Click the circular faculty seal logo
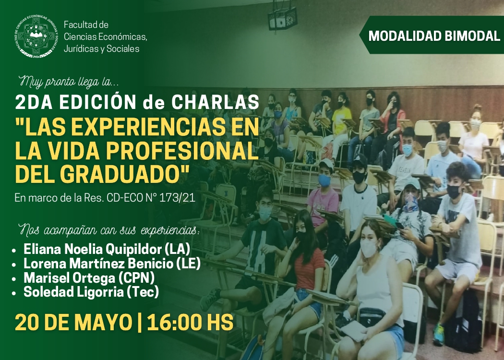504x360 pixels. pos(36,36)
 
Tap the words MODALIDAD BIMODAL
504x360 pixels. pos(434,36)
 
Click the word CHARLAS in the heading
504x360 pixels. pos(215,102)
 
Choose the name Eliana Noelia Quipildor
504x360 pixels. pos(92,249)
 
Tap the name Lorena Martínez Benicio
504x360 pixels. pos(98,264)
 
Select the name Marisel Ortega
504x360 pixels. pos(69,278)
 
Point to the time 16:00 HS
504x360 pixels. pos(190,323)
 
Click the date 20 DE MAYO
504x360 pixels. pos(73,323)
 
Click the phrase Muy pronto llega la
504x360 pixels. pos(69,82)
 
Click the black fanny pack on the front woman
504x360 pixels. pos(372,317)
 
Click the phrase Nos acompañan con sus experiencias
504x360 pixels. pos(108,230)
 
